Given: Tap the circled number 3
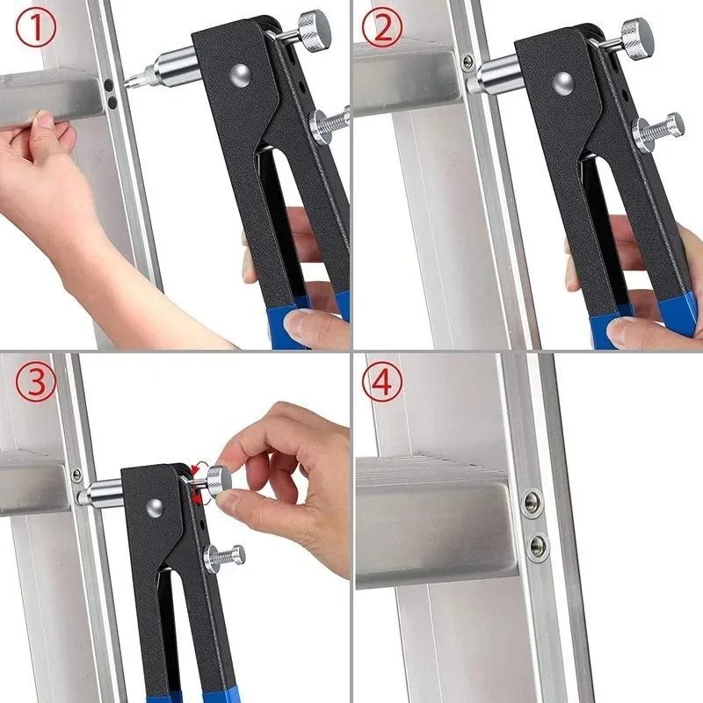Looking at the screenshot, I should [35, 382].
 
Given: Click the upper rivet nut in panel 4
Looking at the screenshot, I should [533, 502].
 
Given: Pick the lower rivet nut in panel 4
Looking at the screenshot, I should [538, 545].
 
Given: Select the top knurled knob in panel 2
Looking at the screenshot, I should [634, 37].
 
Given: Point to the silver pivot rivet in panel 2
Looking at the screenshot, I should [564, 84].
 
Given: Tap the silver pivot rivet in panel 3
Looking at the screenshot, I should [154, 506].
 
